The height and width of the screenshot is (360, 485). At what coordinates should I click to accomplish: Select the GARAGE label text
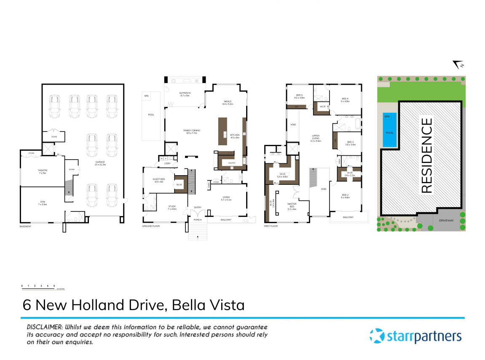coord(100,162)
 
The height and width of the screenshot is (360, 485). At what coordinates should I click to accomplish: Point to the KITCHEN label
coord(235,135)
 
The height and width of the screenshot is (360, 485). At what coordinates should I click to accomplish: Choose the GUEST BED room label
coord(158,179)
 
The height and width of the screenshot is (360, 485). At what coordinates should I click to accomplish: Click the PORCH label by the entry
coord(197,220)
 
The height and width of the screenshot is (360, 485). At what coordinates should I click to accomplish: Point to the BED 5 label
coord(300,95)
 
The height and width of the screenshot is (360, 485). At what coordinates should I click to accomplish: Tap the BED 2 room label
coord(345,195)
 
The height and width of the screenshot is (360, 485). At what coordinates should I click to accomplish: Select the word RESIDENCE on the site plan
coord(426,155)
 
